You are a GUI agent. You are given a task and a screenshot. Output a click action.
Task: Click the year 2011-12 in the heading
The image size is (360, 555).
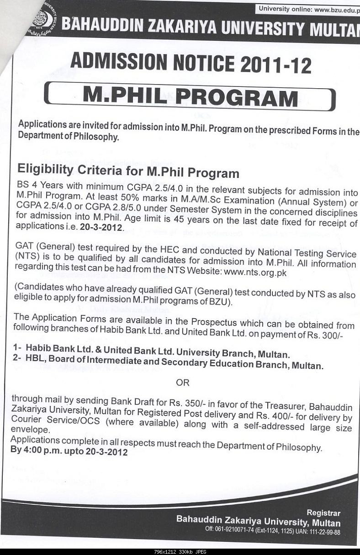[276, 65]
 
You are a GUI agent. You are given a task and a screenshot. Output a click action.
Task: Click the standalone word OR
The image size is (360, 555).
[182, 382]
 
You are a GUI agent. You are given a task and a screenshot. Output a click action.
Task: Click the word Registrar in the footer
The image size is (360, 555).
[323, 513]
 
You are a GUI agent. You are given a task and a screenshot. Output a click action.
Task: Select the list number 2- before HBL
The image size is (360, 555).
[17, 359]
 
